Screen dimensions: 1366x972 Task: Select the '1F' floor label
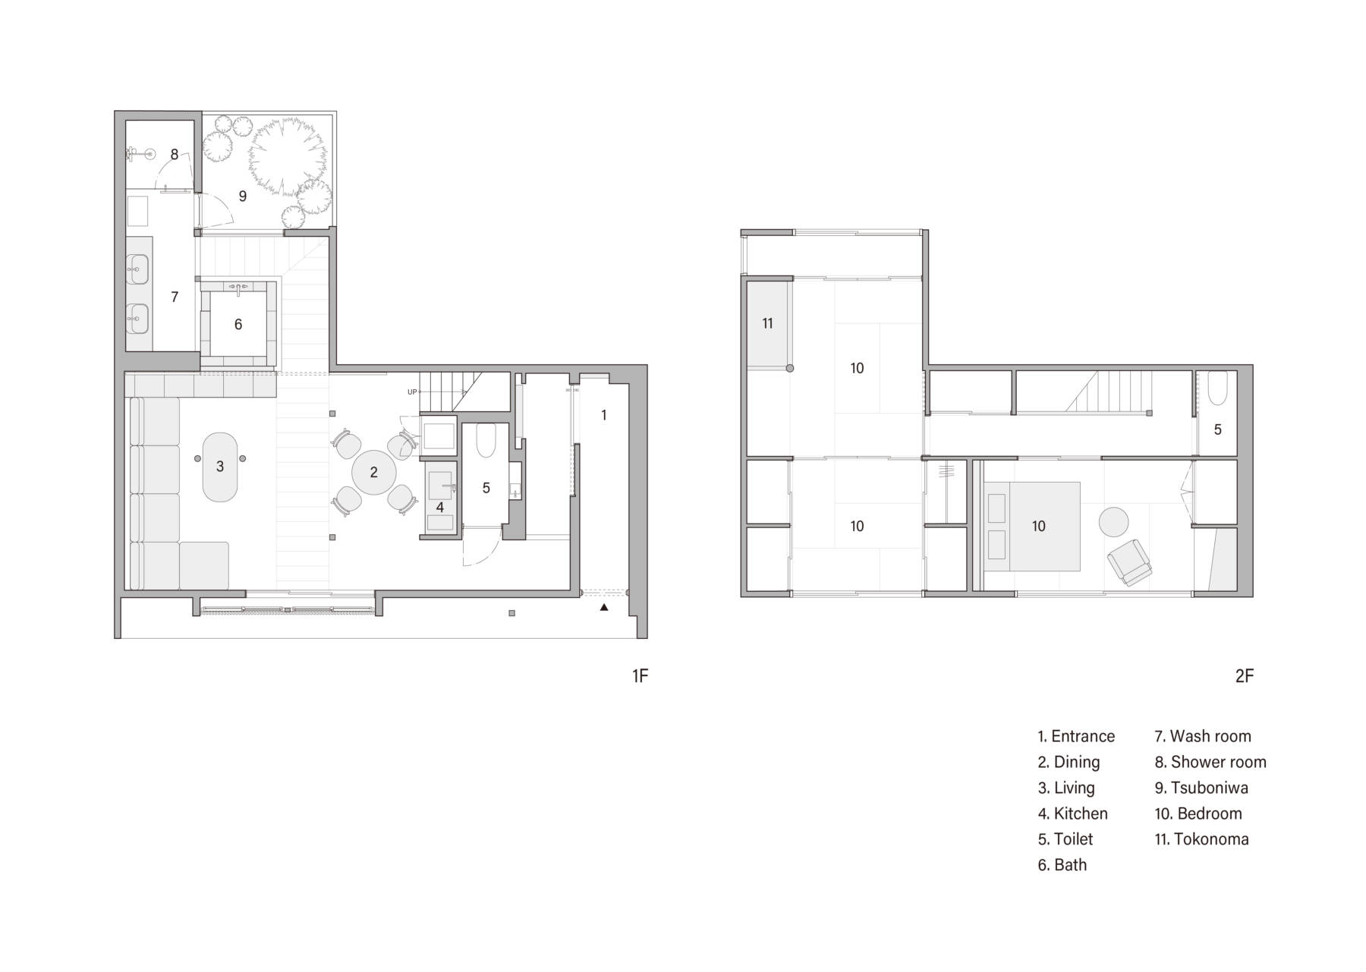pos(640,675)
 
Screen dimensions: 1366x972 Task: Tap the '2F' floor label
pos(1244,675)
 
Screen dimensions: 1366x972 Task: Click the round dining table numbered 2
pos(373,472)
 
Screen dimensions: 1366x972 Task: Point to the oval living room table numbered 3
pos(220,467)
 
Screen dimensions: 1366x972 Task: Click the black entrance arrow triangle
pos(604,607)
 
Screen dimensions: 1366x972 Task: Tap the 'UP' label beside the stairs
pos(412,392)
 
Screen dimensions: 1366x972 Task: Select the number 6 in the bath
pos(238,325)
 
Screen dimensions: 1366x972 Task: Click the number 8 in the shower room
pos(175,155)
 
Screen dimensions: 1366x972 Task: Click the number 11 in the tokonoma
pos(767,323)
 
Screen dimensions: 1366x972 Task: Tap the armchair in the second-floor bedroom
pos(1128,562)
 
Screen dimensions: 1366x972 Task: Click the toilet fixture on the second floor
pos(1216,388)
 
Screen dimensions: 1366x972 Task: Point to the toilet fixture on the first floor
pos(485,441)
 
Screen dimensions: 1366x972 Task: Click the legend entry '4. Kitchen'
pos(1072,813)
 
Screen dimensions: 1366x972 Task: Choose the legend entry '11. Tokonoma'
pos(1201,839)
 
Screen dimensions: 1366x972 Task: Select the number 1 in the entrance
pos(604,415)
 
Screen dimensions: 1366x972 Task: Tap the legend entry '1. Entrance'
pos(1076,736)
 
